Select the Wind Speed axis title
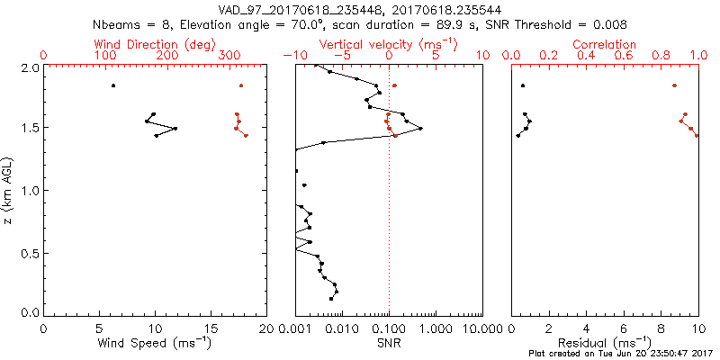click(156, 343)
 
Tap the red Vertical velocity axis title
click(388, 43)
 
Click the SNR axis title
click(389, 343)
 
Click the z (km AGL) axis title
click(8, 190)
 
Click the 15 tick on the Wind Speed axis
click(211, 328)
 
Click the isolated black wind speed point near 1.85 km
click(113, 85)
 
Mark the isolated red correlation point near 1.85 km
click(674, 85)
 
